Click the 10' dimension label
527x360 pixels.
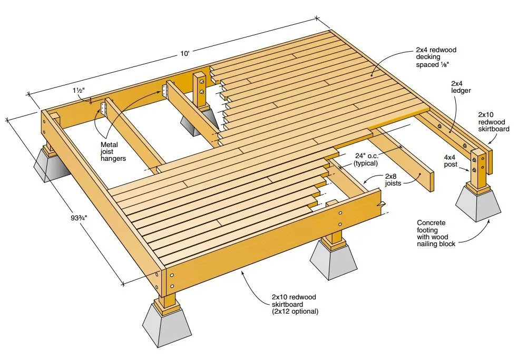click(185, 53)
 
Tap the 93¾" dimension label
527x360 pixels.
click(79, 218)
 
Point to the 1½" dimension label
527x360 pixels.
click(79, 91)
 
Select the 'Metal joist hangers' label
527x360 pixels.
click(113, 151)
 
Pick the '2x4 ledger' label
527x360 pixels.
click(461, 87)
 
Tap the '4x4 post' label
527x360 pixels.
click(451, 161)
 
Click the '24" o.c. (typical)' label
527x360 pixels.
click(366, 159)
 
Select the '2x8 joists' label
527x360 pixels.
click(393, 180)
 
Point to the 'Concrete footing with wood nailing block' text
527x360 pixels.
click(436, 233)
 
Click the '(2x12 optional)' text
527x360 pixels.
click(295, 312)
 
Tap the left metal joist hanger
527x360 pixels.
click(103, 108)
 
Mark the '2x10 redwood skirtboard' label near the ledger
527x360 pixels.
click(494, 122)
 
